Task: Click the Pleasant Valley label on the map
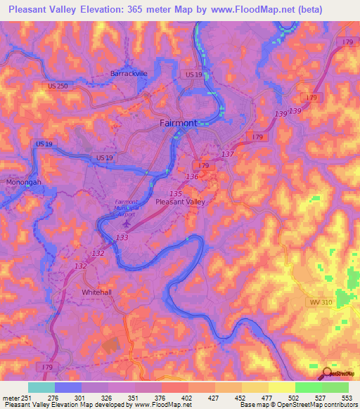(179, 202)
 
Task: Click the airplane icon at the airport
(127, 223)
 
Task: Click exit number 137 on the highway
(227, 154)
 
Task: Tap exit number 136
(193, 176)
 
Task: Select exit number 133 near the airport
(122, 238)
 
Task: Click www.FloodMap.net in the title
(242, 10)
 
